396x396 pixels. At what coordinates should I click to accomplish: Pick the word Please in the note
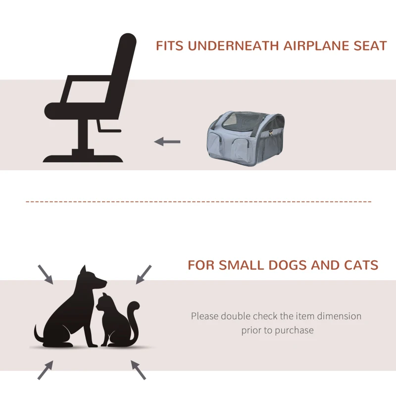coord(204,316)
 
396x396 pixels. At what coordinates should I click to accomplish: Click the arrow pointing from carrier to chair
coord(167,142)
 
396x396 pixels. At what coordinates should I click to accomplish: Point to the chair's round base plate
coord(83,158)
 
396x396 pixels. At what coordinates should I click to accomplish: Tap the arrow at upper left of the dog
coord(46,274)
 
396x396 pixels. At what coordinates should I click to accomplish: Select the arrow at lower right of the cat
coord(138,369)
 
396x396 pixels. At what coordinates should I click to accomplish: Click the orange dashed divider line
coord(198,202)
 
